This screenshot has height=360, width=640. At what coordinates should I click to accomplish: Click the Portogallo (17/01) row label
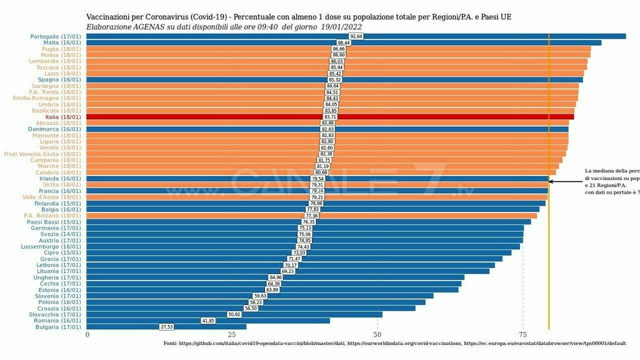click(56, 36)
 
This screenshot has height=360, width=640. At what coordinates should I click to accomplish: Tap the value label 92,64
click(357, 36)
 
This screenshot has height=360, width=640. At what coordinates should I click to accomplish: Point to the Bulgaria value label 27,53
click(167, 327)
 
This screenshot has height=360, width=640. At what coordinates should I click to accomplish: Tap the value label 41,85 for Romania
click(208, 321)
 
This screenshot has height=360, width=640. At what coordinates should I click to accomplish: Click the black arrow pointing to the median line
click(565, 182)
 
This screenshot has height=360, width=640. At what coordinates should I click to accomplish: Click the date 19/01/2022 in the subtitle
click(341, 27)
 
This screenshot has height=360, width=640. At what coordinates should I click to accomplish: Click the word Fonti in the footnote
click(171, 344)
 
